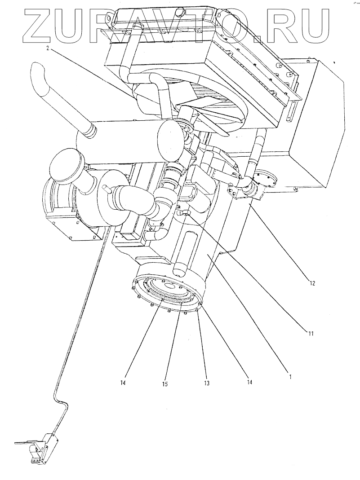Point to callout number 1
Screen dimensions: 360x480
(x=290, y=377)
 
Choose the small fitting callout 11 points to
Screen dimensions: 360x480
(x=185, y=215)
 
